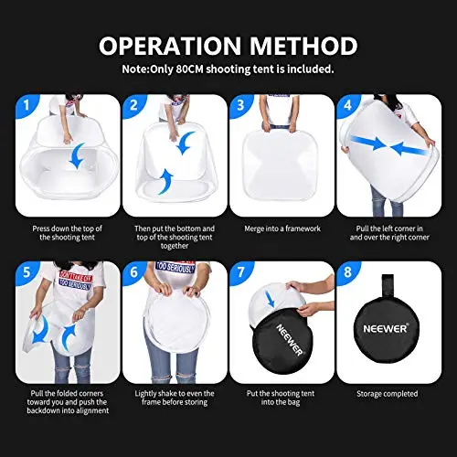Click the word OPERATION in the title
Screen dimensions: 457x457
tap(170, 46)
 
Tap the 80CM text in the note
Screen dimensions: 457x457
tap(189, 69)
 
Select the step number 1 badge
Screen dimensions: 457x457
tap(27, 105)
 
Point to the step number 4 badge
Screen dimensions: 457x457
tap(347, 105)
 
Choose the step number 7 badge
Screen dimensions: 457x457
tap(240, 271)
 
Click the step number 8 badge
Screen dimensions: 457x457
tap(347, 271)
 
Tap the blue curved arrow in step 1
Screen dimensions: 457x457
tap(76, 156)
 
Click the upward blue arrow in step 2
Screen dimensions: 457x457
tap(165, 182)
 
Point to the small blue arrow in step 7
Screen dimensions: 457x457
tap(270, 299)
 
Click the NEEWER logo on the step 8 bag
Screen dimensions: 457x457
tap(385, 328)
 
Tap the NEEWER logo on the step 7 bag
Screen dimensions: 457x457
tap(290, 340)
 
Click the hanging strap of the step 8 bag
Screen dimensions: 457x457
tap(388, 285)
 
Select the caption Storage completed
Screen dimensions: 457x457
tap(388, 394)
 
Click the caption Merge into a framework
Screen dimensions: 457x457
tap(282, 228)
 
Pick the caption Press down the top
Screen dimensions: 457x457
tap(67, 233)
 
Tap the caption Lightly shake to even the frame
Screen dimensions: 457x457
tap(175, 398)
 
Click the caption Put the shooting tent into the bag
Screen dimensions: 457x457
tap(281, 398)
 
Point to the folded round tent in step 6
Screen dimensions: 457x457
tap(176, 322)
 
